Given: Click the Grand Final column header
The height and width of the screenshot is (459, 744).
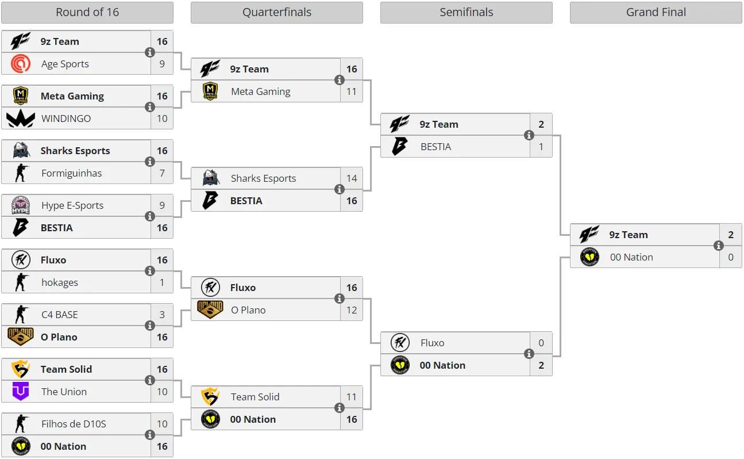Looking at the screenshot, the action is (x=656, y=12).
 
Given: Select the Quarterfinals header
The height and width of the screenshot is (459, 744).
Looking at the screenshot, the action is (x=277, y=12).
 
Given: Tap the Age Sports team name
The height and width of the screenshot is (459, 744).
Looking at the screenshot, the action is (x=65, y=64).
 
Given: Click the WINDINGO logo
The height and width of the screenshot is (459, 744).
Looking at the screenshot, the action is (x=21, y=118).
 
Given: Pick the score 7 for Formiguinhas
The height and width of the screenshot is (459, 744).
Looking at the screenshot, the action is (x=162, y=173).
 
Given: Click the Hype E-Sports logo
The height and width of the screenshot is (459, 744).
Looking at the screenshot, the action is (x=21, y=205).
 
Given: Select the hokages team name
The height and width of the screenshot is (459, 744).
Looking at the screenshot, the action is (x=60, y=282).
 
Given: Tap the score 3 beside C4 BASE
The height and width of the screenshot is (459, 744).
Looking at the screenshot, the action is (x=162, y=315).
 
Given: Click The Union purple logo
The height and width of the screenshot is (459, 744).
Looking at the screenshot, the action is (x=21, y=391).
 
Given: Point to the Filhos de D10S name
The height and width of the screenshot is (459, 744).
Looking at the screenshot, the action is (x=74, y=424).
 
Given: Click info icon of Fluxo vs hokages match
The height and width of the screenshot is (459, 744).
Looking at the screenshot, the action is (x=150, y=271).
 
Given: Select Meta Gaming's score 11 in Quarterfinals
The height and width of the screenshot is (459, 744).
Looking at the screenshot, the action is (x=352, y=91).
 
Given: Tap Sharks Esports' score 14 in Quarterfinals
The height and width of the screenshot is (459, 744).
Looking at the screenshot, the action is (x=352, y=178).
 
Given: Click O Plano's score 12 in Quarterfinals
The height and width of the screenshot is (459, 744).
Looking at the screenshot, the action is (x=352, y=310).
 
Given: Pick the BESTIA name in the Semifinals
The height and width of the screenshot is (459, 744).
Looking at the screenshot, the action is (x=435, y=147).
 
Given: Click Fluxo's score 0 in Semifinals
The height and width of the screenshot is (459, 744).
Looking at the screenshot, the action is (x=541, y=343).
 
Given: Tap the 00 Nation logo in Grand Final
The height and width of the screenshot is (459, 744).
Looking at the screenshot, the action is (x=589, y=257).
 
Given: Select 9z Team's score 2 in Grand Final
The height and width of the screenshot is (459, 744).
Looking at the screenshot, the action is (x=731, y=235).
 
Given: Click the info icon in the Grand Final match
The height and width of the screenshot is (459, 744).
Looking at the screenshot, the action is (x=718, y=246).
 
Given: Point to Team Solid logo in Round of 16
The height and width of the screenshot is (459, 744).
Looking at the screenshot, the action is (x=21, y=369).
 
